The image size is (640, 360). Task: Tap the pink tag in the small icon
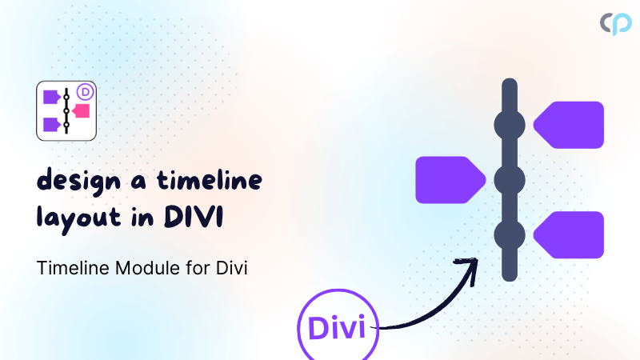(80, 110)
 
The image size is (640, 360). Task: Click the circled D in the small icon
(86, 91)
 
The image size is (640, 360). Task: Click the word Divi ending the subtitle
(233, 269)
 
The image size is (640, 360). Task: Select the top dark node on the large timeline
(509, 125)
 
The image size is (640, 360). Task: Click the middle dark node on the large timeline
(509, 180)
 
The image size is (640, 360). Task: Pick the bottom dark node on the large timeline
(509, 235)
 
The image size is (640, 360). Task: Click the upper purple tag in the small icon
(52, 97)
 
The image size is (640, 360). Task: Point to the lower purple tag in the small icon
(52, 124)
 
